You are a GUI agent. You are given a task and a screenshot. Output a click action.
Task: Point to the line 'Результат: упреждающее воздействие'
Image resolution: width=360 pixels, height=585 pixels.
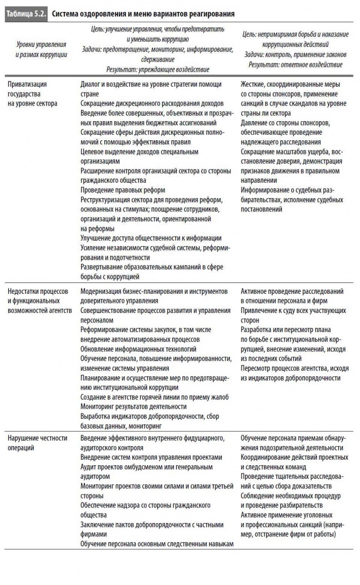[x=158, y=70]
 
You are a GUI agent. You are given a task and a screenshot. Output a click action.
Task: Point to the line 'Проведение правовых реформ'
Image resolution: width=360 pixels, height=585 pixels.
[x=123, y=190]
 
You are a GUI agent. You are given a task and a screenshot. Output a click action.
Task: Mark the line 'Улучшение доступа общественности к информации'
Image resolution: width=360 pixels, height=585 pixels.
[x=151, y=238]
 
